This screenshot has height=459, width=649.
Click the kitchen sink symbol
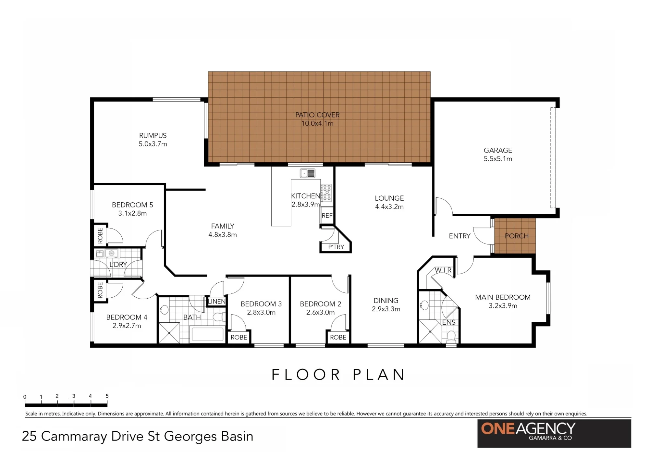[x=307, y=173]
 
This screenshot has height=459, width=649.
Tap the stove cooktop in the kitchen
[x=326, y=192]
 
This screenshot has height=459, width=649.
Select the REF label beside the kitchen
[x=327, y=216]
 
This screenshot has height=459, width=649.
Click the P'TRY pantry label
[x=336, y=247]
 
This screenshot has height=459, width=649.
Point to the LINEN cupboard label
[x=216, y=302]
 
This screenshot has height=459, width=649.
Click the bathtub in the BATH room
[x=207, y=334]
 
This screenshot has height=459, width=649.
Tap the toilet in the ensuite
[x=451, y=337]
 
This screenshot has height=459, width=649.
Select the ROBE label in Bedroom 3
[x=239, y=337]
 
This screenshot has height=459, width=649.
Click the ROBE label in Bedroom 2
[x=338, y=337]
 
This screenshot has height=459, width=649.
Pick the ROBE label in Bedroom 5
[x=100, y=235]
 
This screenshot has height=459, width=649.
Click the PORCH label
[x=517, y=236]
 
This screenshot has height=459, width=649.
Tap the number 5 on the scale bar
[x=107, y=396]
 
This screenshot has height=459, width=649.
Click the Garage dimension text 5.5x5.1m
[x=498, y=159]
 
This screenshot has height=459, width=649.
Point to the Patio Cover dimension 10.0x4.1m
[x=317, y=123]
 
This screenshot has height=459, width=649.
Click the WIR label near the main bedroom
[x=443, y=270]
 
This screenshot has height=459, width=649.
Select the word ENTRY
[x=459, y=236]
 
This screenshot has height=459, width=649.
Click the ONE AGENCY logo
[x=554, y=434]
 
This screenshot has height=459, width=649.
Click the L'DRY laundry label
[x=118, y=265]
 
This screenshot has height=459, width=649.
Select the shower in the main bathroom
[x=169, y=333]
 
